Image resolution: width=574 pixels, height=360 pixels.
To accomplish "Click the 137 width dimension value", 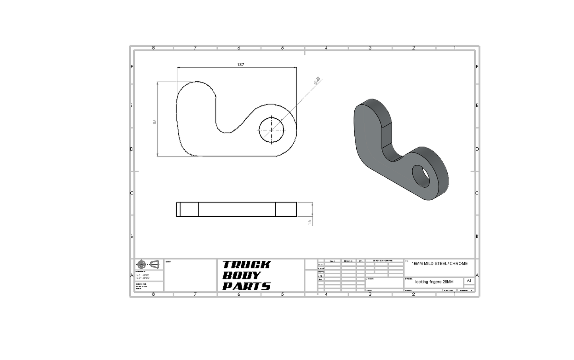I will pyautogui.click(x=240, y=64).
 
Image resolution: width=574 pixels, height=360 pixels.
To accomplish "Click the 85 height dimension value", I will pyautogui.click(x=155, y=121).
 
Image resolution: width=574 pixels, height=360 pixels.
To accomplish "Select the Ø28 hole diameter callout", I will pyautogui.click(x=317, y=81).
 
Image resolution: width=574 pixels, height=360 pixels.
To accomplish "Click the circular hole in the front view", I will pyautogui.click(x=272, y=129).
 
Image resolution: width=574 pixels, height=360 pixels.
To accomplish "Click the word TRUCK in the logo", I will pyautogui.click(x=246, y=265).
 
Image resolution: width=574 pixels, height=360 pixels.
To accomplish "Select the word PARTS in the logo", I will pyautogui.click(x=246, y=286).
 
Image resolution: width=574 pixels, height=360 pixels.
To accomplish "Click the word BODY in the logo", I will pyautogui.click(x=241, y=275).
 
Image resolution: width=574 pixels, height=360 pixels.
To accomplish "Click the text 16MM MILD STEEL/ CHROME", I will pyautogui.click(x=439, y=264).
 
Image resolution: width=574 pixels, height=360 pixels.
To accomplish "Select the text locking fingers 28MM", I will pyautogui.click(x=434, y=282).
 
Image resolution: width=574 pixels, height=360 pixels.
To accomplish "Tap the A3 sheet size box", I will pyautogui.click(x=469, y=281).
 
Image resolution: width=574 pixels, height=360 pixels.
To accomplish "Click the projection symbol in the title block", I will pyautogui.click(x=149, y=264).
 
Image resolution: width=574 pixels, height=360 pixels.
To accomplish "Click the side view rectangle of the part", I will pyautogui.click(x=236, y=209).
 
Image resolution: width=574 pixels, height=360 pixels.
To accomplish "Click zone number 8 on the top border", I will pyautogui.click(x=153, y=48).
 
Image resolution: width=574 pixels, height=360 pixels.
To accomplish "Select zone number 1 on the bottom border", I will pyautogui.click(x=455, y=294).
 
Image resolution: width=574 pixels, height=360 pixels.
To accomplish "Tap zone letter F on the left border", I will pyautogui.click(x=132, y=67).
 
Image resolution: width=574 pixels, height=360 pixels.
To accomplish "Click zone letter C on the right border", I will pyautogui.click(x=477, y=193).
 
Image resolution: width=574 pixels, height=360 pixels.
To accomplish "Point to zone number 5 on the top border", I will pyautogui.click(x=282, y=48).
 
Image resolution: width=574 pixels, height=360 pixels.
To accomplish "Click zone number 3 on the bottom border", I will pyautogui.click(x=370, y=294).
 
